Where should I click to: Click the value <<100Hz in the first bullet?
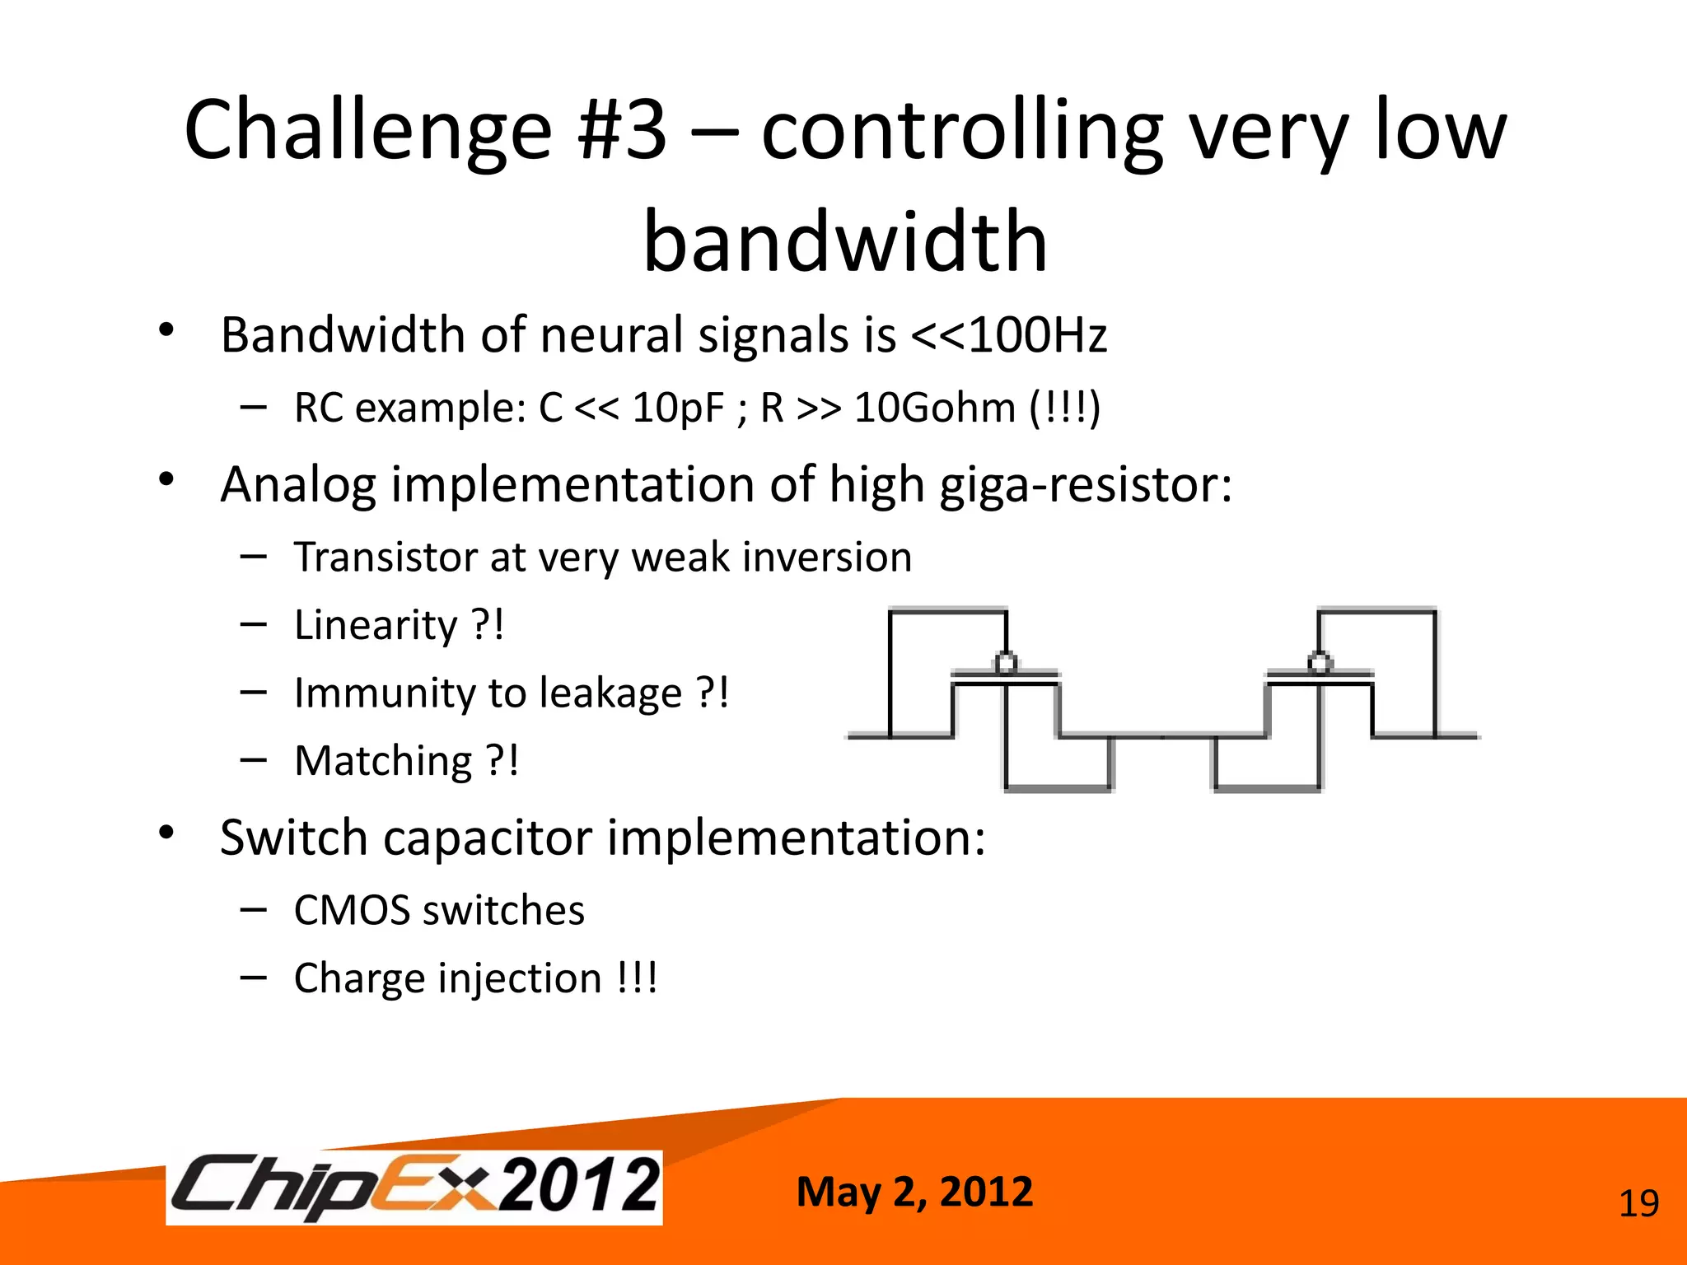[1008, 336]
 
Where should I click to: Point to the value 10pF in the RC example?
[678, 408]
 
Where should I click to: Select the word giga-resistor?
[1086, 484]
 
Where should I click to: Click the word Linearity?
[376, 625]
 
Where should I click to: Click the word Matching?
[384, 761]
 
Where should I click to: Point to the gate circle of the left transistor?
[1006, 662]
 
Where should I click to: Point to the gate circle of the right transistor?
[1320, 662]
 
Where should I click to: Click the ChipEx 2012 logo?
[414, 1187]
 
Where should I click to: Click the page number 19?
[1638, 1204]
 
